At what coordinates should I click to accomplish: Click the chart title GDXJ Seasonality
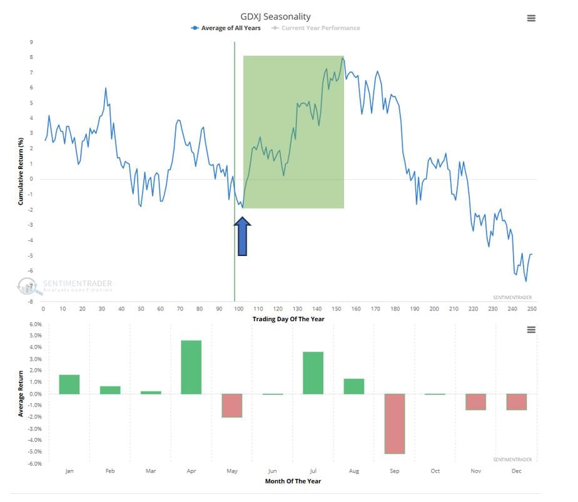275,17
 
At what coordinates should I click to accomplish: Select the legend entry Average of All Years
226,28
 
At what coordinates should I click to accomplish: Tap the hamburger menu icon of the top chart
531,18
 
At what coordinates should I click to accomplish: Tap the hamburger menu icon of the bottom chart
531,329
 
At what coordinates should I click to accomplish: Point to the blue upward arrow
242,236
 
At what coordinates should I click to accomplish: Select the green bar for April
191,367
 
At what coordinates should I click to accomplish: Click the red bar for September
395,423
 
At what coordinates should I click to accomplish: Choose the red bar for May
232,406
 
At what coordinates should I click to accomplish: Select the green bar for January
69,384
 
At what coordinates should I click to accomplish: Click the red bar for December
517,402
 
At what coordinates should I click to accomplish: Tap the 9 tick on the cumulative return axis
31,42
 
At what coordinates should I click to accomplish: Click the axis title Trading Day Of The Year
288,319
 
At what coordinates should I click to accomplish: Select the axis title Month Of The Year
293,481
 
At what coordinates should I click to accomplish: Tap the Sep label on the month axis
395,471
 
